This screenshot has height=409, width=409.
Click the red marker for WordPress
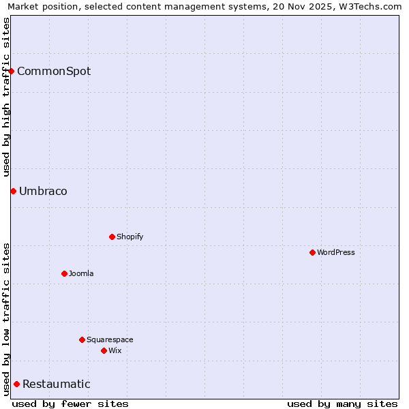pos(312,252)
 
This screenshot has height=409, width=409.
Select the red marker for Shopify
pos(112,237)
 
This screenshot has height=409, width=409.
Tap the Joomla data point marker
pos(64,273)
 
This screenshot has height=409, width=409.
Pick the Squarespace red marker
pos(82,339)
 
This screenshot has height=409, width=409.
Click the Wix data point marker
pos(104,350)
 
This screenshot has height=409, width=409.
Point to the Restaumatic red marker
pos(16,384)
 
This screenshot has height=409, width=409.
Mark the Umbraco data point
pos(13,191)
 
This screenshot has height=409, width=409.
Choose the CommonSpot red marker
pos(11,71)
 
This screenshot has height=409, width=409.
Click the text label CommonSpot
pos(54,72)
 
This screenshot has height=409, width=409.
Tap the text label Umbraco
pos(43,192)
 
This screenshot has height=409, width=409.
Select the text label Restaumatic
pos(56,384)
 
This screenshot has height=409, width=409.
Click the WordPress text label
pos(336,252)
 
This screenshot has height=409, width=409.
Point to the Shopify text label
pos(130,237)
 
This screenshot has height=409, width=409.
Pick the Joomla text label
pos(81,273)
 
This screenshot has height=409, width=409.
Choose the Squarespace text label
pos(110,339)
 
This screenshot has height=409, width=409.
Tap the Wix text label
pos(115,350)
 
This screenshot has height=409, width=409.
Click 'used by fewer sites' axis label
pos(70,404)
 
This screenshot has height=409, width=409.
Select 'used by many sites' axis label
pos(342,404)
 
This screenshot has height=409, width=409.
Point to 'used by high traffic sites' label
pos(6,97)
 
